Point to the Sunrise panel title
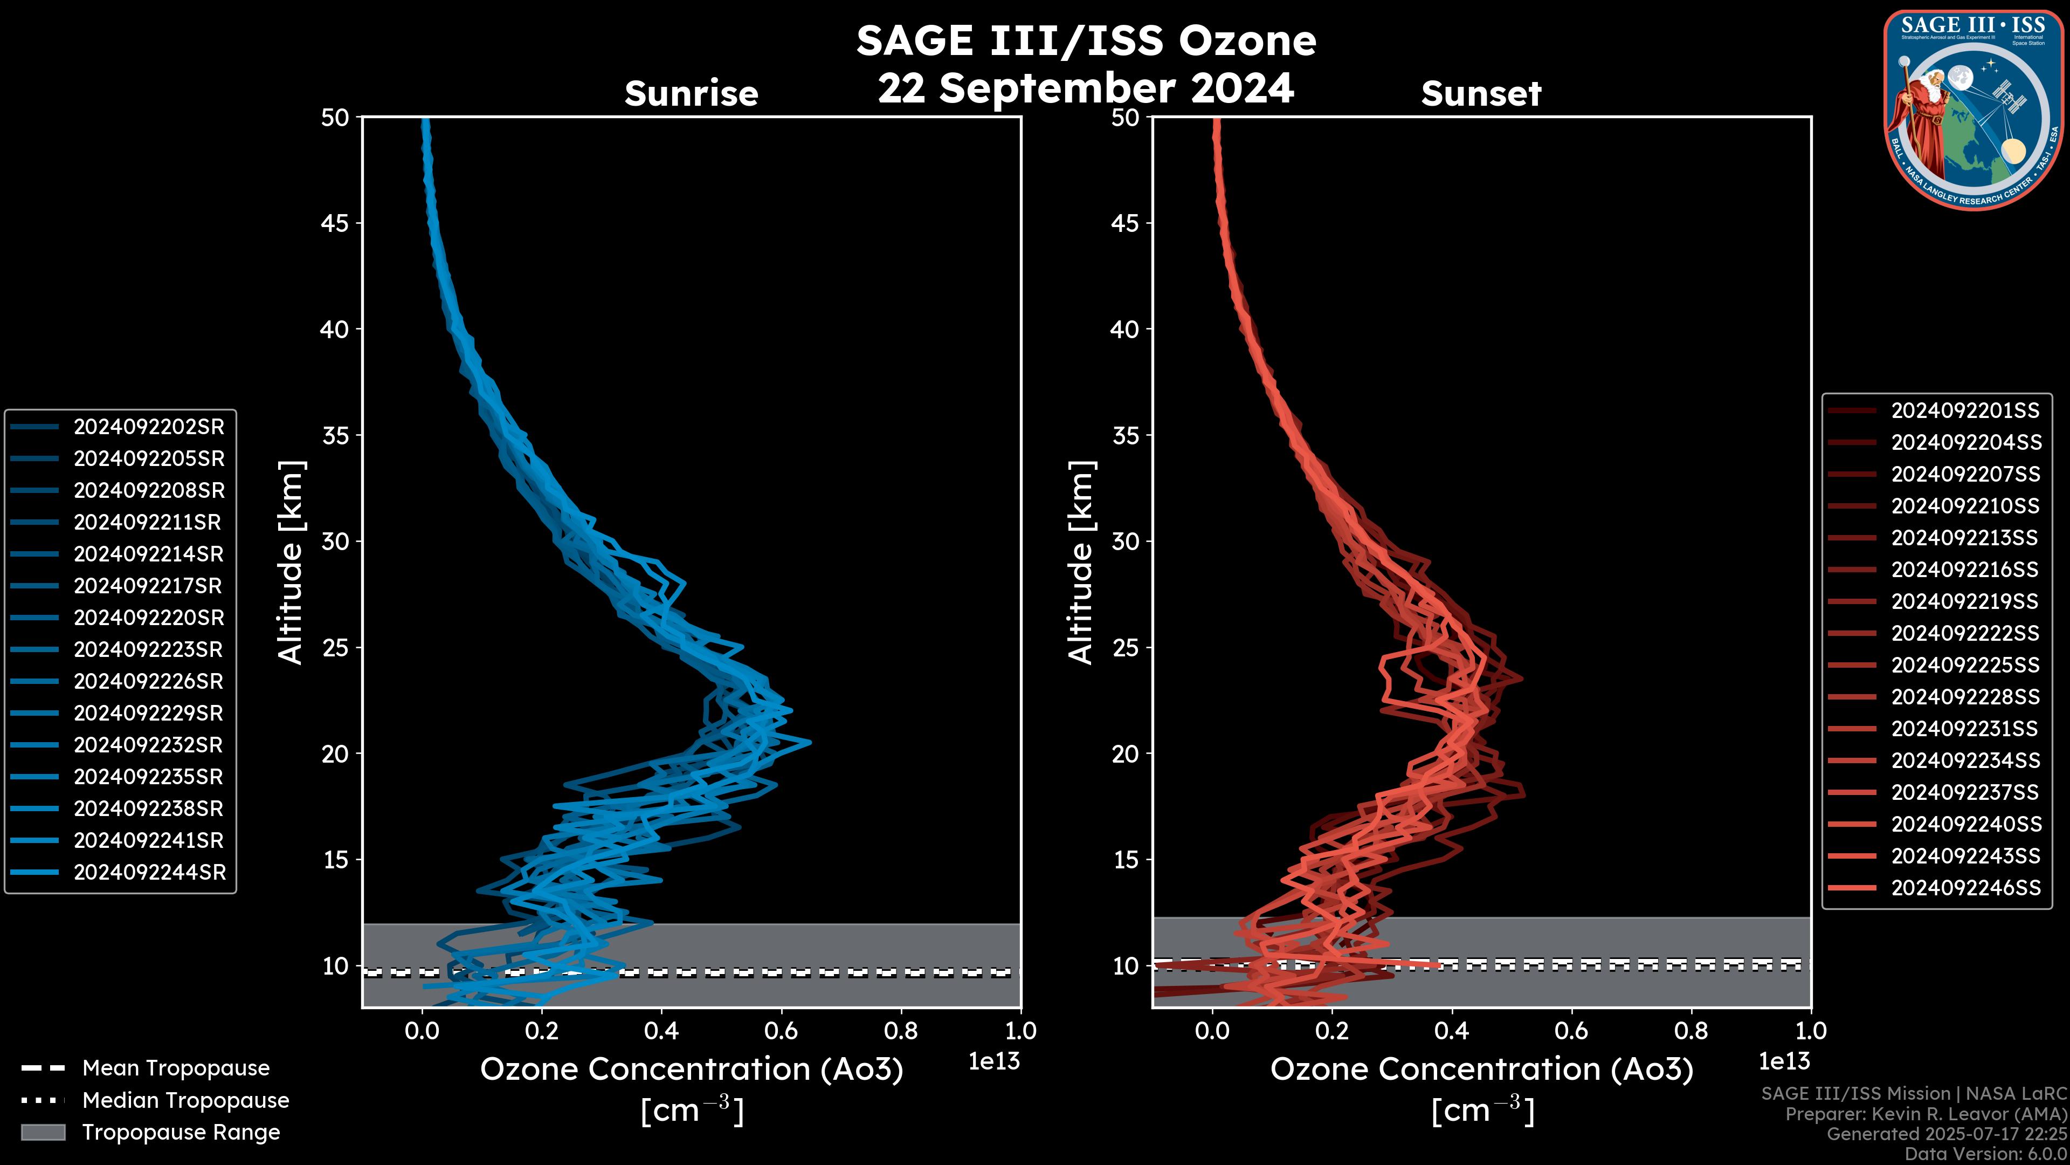tap(691, 94)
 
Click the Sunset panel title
tap(1481, 94)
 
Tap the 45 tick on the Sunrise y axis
tap(335, 223)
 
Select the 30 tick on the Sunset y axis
tap(1125, 541)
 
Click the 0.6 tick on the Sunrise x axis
tap(781, 1031)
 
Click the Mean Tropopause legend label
tap(176, 1068)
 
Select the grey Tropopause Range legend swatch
tap(43, 1132)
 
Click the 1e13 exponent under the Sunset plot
tap(1784, 1061)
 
